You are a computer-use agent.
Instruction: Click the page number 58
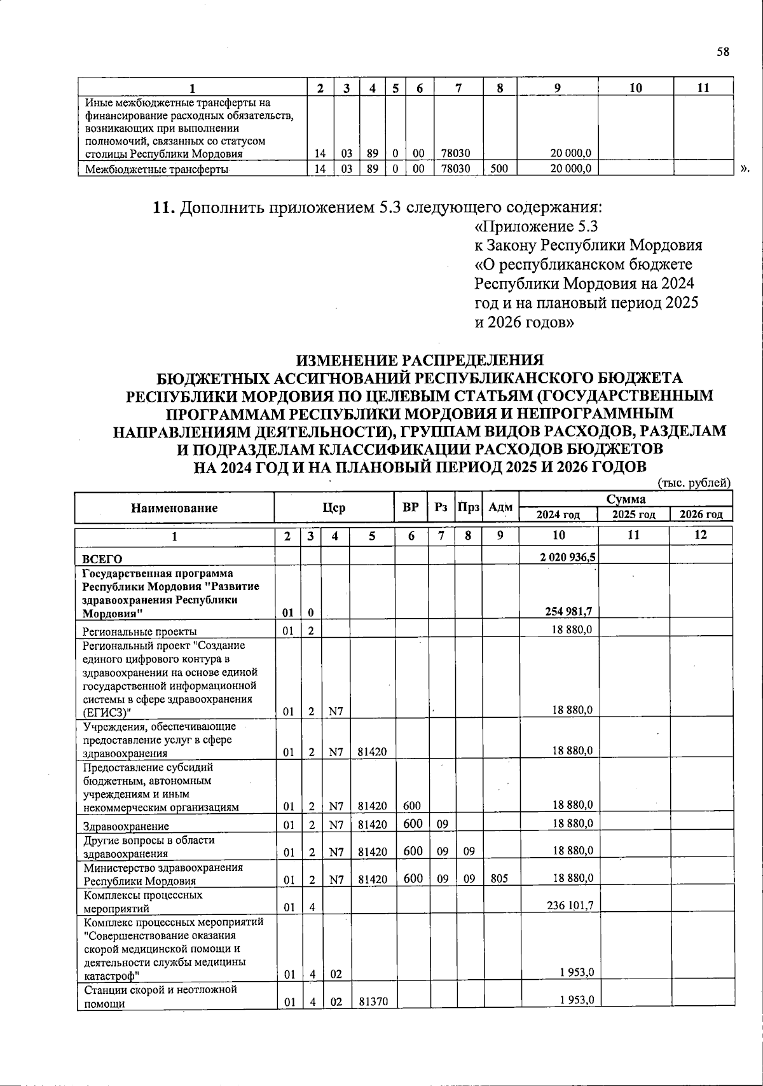(722, 52)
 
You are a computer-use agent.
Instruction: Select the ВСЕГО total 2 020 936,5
(567, 558)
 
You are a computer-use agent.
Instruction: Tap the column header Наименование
(174, 507)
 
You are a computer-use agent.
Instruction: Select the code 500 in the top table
(499, 168)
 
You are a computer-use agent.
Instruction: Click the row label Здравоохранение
(126, 827)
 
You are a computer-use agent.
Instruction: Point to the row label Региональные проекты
(139, 631)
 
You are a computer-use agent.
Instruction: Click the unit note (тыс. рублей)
(694, 483)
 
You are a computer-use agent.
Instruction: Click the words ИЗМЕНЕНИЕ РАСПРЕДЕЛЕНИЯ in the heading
(420, 360)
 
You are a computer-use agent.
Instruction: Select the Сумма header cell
(626, 499)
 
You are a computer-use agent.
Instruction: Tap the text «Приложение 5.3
(537, 227)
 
